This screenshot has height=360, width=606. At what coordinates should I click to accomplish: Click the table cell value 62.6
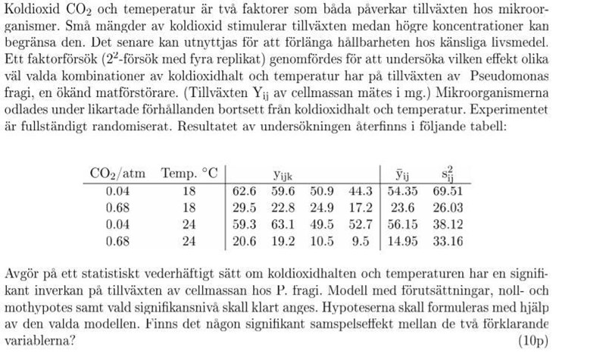[x=245, y=190]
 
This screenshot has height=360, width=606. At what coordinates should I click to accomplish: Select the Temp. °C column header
[x=189, y=172]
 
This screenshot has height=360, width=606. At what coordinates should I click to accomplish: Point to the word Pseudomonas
[x=508, y=76]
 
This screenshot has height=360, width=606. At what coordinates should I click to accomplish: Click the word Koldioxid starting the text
[x=30, y=10]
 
